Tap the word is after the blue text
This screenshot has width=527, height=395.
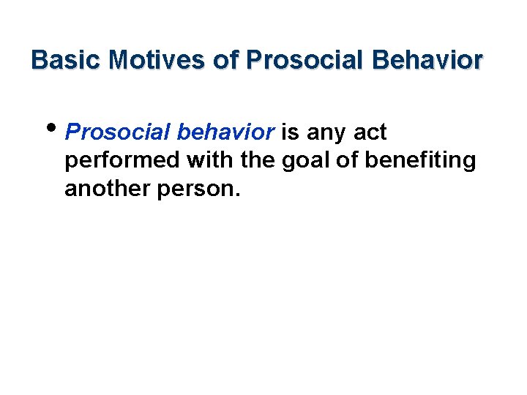click(x=291, y=132)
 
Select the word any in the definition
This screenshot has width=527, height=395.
click(x=328, y=134)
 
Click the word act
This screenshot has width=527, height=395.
click(x=370, y=132)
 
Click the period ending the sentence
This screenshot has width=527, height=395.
click(x=236, y=195)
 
